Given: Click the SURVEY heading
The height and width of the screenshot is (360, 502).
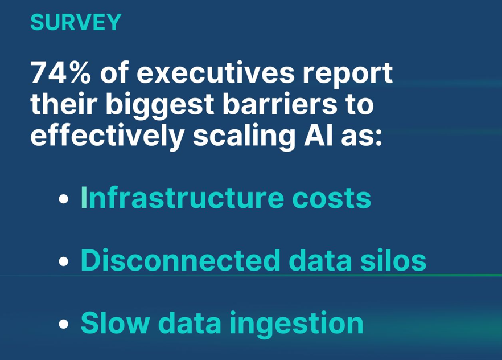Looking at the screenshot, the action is pyautogui.click(x=76, y=22).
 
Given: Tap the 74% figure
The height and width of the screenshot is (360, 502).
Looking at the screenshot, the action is pyautogui.click(x=60, y=73).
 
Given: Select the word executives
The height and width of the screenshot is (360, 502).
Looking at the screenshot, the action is pyautogui.click(x=216, y=73).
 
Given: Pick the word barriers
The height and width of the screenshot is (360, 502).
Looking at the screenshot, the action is pyautogui.click(x=280, y=104).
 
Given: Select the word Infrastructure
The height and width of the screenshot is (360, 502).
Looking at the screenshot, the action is pyautogui.click(x=183, y=198).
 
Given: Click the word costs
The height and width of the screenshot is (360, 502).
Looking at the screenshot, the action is pyautogui.click(x=332, y=199).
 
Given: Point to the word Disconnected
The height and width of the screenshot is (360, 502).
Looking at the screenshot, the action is pyautogui.click(x=180, y=260).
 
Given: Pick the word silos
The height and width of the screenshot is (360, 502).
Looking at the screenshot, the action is pyautogui.click(x=393, y=260).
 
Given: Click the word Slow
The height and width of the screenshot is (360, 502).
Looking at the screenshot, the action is pyautogui.click(x=115, y=322).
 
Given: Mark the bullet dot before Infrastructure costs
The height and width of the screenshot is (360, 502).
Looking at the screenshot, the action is pyautogui.click(x=64, y=199).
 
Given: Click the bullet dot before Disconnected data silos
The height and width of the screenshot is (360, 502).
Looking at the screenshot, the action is pyautogui.click(x=64, y=261).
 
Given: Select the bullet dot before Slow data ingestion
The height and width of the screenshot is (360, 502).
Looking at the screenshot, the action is pyautogui.click(x=64, y=324).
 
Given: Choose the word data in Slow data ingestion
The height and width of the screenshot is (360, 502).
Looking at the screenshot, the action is pyautogui.click(x=190, y=322).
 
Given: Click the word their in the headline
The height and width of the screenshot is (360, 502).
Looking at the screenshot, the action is pyautogui.click(x=64, y=104).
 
